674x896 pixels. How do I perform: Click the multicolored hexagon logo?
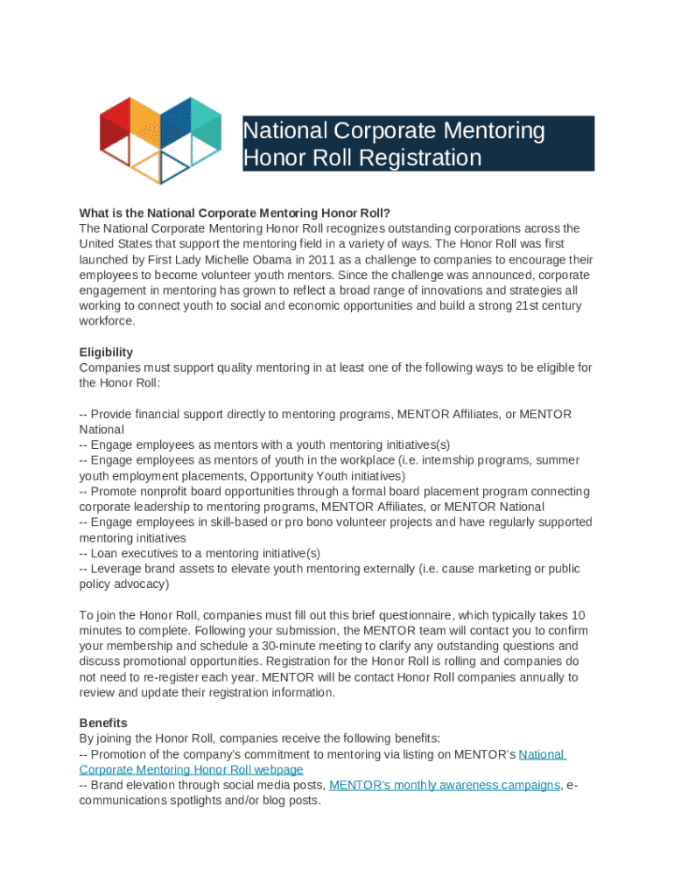(160, 139)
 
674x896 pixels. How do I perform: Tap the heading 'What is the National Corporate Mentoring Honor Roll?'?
(235, 213)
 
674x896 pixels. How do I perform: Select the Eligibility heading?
(106, 352)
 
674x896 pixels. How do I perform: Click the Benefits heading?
(103, 723)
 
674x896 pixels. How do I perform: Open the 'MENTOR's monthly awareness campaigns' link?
(444, 785)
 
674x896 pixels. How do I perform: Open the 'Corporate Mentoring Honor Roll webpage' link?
(191, 770)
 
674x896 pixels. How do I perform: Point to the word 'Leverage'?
(116, 569)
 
